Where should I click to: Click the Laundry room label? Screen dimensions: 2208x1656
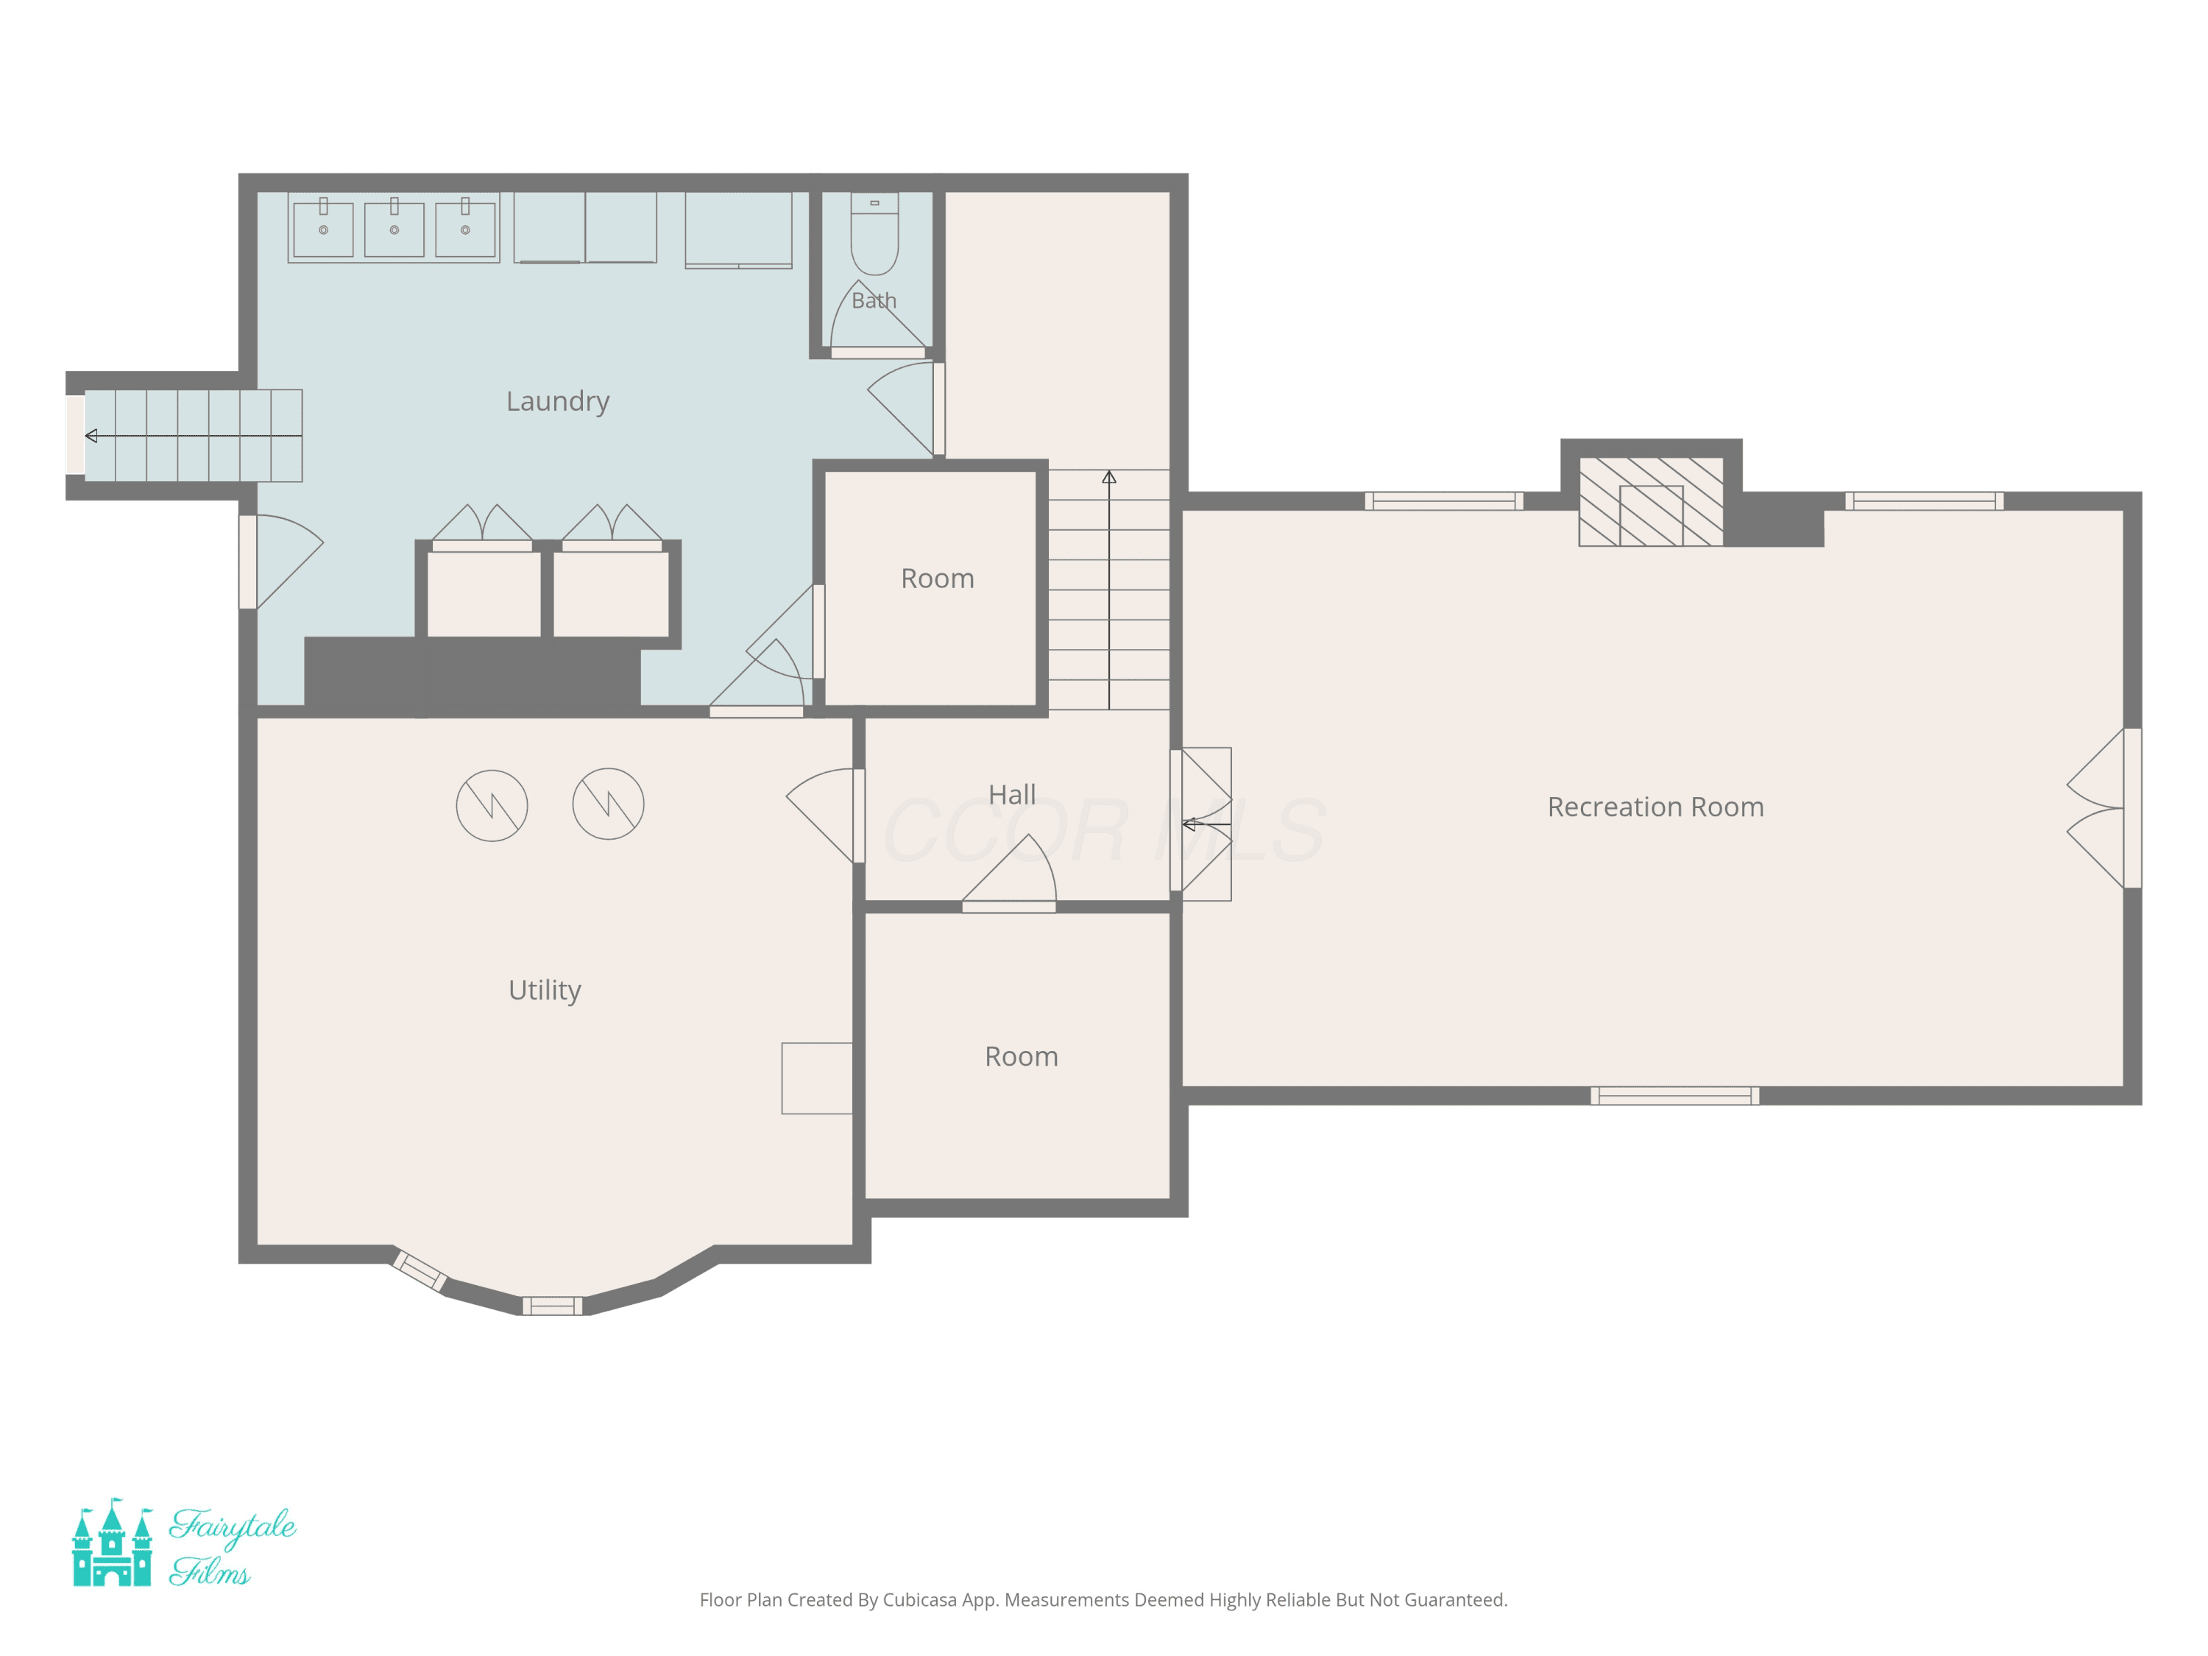pos(557,401)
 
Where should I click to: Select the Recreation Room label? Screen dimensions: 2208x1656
pos(1655,807)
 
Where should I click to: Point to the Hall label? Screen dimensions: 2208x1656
pos(1011,795)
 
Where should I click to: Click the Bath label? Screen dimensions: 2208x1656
pos(874,300)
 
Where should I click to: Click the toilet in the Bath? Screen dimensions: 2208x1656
pos(874,233)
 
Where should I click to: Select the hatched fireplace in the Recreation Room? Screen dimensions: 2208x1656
pos(1651,501)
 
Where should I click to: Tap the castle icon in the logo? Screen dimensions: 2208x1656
pos(112,1542)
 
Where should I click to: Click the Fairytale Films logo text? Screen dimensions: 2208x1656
pos(232,1546)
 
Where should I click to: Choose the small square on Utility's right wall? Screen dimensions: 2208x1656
pos(816,1078)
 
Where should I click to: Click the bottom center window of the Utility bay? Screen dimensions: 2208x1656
pos(552,1306)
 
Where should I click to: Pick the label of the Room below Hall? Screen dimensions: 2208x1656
pos(1021,1056)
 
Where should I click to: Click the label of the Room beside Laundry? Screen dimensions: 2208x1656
pos(938,578)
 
